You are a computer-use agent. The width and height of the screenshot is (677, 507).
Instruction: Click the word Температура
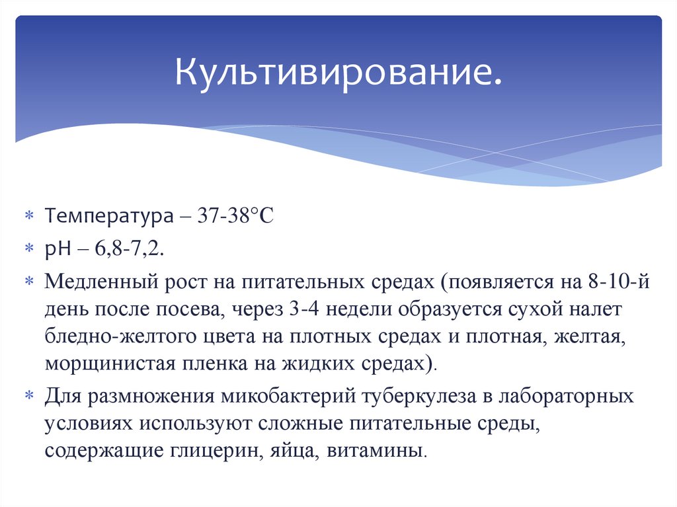point(105,217)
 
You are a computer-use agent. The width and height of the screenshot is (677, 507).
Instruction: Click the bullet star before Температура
point(29,217)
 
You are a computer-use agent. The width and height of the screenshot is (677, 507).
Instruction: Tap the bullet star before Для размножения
point(29,397)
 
